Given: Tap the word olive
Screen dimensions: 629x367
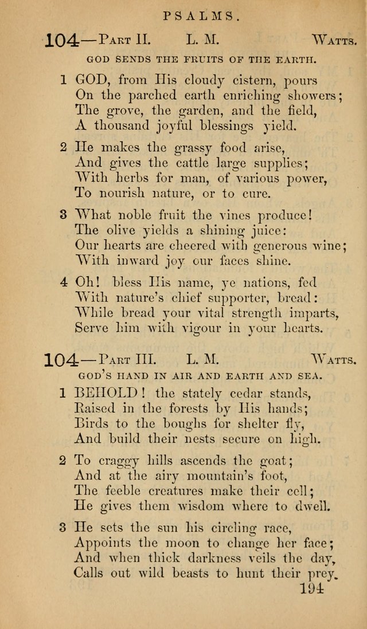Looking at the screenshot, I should [124, 231].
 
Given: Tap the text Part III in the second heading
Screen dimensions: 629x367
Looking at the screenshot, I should [128, 361].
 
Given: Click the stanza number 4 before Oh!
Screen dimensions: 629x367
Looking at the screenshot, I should [64, 283].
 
